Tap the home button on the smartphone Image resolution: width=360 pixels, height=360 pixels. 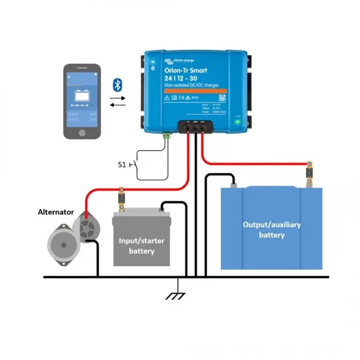tap(82, 132)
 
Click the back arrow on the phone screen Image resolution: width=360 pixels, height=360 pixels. tap(69, 77)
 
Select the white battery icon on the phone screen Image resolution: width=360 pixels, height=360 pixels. tap(82, 96)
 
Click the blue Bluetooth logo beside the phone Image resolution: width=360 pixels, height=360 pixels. tap(117, 84)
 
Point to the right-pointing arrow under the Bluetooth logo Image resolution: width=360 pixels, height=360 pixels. tap(118, 98)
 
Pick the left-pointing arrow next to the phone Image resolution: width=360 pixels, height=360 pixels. tap(118, 105)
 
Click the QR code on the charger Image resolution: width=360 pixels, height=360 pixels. tap(222, 97)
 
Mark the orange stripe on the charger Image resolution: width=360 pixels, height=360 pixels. tap(195, 89)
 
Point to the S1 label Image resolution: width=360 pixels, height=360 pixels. tap(122, 165)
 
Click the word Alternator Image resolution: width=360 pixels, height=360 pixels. tap(56, 212)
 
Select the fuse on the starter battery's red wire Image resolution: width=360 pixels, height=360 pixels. tap(122, 199)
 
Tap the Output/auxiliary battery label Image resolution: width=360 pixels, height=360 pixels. tap(272, 230)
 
